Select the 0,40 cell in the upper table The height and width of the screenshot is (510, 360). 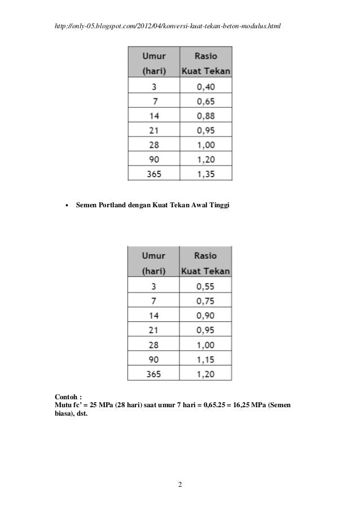(x=205, y=87)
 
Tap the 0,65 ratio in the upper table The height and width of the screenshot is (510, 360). (x=205, y=102)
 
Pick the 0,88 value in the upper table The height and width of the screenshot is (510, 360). (x=205, y=116)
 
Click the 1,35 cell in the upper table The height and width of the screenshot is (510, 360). (x=205, y=175)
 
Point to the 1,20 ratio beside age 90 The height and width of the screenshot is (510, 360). (x=205, y=160)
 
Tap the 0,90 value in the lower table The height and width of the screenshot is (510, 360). (x=205, y=315)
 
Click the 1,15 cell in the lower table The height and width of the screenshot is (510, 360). (x=205, y=359)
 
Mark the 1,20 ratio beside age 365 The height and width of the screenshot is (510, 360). (x=205, y=373)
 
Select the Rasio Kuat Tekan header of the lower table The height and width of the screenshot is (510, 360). (x=205, y=263)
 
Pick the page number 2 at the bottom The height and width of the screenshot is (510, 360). (x=179, y=485)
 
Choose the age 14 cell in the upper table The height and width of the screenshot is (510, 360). (x=153, y=116)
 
